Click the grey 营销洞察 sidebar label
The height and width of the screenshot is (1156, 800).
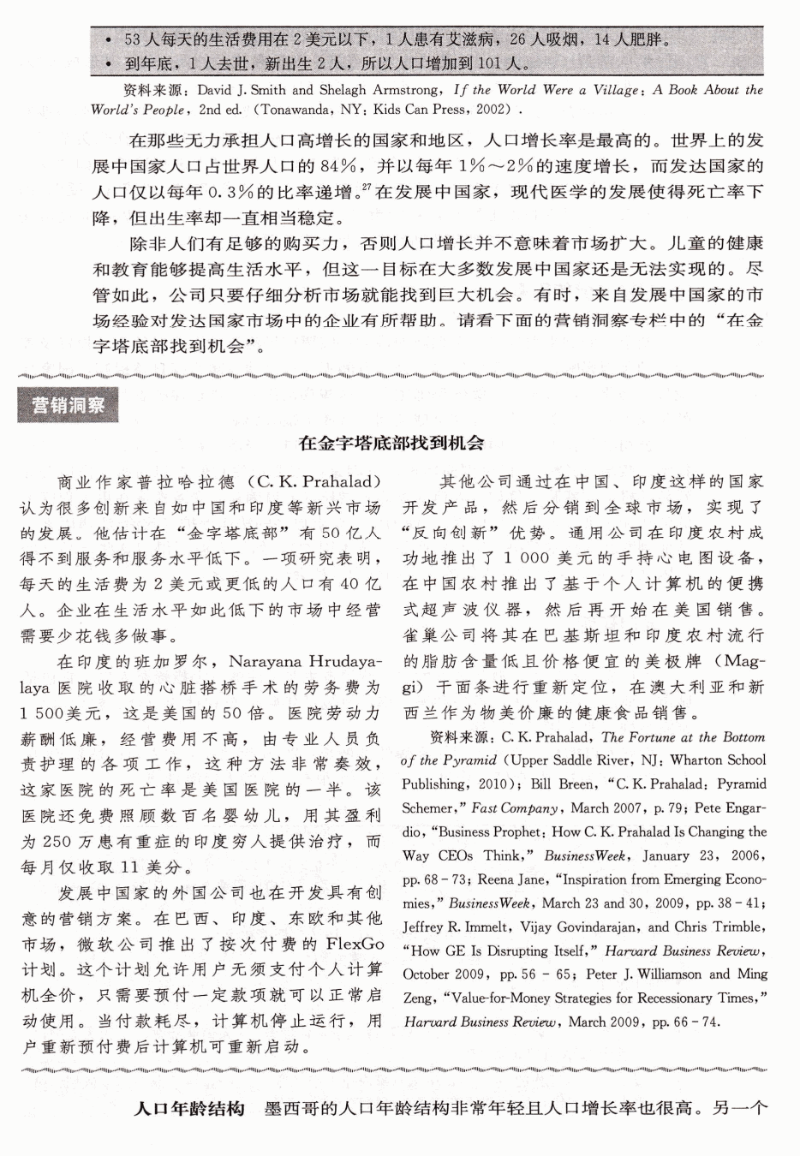click(x=68, y=404)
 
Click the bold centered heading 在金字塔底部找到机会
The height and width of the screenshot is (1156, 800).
click(x=391, y=443)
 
